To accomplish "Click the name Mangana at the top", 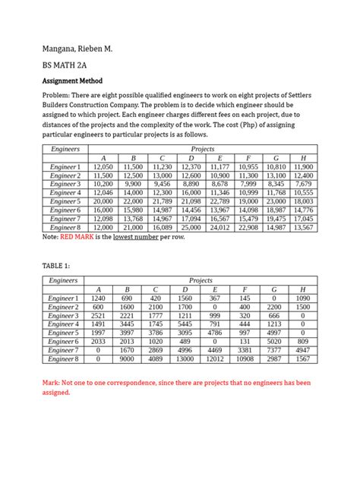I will pos(65,48).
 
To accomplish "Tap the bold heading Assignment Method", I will pos(76,81).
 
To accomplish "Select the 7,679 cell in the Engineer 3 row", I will pos(303,184).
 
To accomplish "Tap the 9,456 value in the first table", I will pos(162,184).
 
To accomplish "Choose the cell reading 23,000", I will pos(274,201).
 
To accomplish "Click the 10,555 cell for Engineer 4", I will pos(303,192).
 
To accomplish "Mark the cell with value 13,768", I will pos(132,218).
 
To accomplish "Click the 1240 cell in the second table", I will pos(99,298).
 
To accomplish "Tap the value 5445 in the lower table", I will pos(185,324).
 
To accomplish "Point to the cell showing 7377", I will pos(274,349).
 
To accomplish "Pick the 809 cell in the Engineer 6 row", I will pos(303,341).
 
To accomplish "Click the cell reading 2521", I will pos(99,315).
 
